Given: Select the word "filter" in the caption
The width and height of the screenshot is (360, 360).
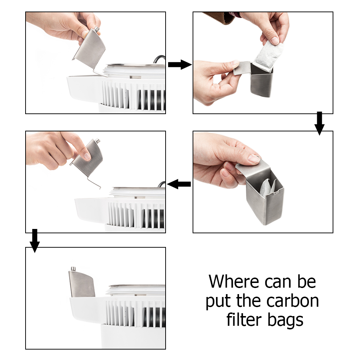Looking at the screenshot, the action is [x=244, y=319].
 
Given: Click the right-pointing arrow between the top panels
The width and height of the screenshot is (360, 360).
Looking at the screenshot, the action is [x=180, y=64].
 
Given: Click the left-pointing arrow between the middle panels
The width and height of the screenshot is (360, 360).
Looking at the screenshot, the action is [x=179, y=184].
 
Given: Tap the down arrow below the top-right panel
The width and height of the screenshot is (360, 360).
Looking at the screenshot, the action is [x=319, y=123].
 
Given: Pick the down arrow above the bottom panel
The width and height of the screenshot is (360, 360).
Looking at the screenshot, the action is [x=35, y=240].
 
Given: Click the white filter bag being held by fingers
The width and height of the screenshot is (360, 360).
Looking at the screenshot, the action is [x=269, y=56].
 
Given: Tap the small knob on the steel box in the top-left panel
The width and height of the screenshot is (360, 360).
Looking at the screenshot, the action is [x=96, y=29].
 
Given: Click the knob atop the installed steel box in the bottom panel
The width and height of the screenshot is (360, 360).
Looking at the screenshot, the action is [x=73, y=269].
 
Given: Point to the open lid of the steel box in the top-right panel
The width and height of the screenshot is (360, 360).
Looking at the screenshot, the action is [x=242, y=68].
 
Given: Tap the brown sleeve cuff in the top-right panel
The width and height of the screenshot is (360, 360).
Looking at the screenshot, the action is [x=219, y=17].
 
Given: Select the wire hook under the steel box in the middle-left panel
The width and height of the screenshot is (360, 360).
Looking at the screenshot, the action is [x=94, y=183].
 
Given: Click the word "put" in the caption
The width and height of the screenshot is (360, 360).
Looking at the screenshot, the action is [x=218, y=302].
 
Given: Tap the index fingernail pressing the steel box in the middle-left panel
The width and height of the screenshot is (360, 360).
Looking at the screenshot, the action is [x=87, y=156].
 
